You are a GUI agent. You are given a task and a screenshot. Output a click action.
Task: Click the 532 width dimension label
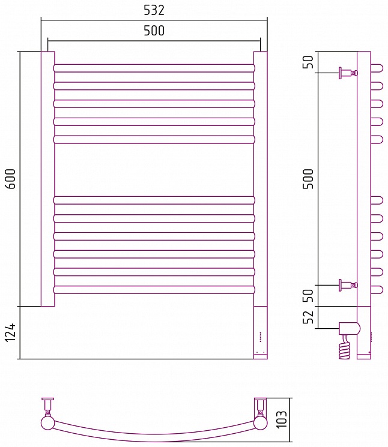point(154,10)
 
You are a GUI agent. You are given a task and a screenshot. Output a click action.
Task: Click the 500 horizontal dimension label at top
point(154,31)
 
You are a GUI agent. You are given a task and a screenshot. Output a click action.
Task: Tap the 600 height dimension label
point(11,179)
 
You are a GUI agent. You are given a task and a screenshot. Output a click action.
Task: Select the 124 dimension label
point(11,332)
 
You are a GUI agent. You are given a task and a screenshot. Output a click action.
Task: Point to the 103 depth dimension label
point(281,419)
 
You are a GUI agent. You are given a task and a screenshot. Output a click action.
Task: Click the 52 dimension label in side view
point(308,317)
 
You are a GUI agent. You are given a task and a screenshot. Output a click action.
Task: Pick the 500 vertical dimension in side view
point(308,179)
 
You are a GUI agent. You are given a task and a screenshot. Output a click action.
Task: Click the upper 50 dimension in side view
point(308,62)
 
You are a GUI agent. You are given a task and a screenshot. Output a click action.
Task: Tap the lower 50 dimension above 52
point(308,296)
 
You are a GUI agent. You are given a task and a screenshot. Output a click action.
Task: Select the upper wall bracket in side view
point(348,73)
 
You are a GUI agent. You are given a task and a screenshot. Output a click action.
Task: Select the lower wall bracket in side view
point(348,285)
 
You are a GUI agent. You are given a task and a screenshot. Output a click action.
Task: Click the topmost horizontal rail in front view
point(154,68)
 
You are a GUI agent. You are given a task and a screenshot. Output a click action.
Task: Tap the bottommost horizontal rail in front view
point(154,290)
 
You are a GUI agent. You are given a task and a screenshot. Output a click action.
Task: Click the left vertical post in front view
point(48,179)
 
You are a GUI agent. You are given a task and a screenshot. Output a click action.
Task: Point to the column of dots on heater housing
point(260,337)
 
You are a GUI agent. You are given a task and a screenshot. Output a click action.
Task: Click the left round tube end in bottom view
point(48,423)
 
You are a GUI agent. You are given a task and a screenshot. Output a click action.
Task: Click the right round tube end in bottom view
point(261,423)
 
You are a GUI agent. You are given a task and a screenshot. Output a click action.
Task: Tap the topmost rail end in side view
point(377,68)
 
